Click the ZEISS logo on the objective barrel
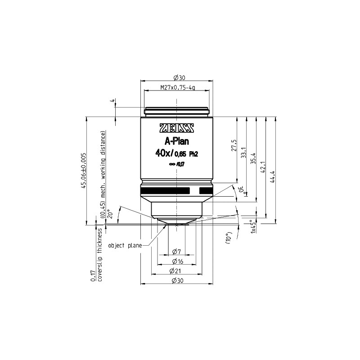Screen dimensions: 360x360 point(176,128)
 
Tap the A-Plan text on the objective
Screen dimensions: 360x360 point(176,142)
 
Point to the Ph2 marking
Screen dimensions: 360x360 point(193,154)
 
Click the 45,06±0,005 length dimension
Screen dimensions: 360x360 point(83,171)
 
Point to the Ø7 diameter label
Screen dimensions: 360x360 point(176,251)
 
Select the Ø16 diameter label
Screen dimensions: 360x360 point(176,261)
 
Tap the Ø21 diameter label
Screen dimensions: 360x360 point(176,271)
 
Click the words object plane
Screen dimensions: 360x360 point(128,245)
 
